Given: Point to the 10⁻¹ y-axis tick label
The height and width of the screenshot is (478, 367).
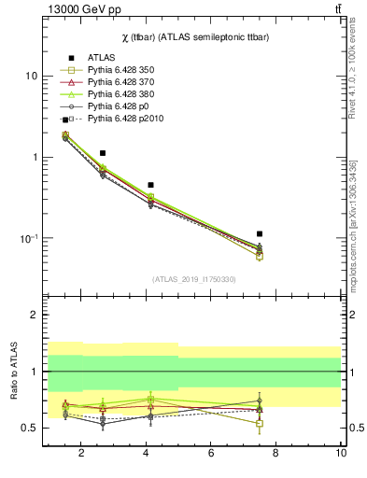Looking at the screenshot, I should (27, 239).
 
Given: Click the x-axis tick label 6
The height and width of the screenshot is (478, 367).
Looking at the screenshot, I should (211, 454).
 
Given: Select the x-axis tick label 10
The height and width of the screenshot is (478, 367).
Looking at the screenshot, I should (340, 454).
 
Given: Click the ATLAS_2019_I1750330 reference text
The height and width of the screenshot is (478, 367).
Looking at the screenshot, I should (193, 279).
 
